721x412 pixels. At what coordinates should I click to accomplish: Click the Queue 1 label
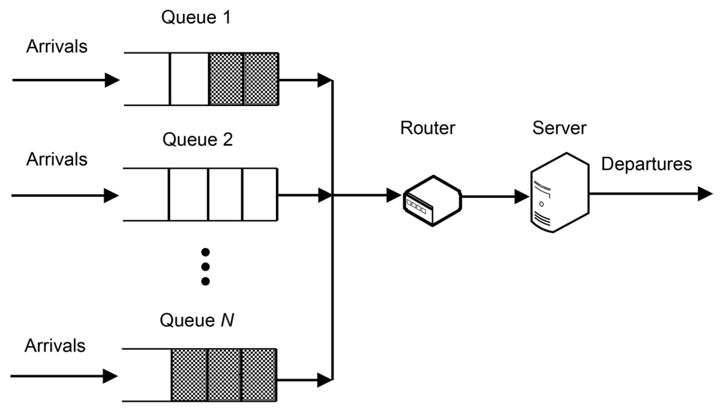click(x=196, y=18)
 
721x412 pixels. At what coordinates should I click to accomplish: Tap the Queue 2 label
click(x=197, y=140)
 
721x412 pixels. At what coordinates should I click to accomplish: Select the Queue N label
click(x=197, y=320)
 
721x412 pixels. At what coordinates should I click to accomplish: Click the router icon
click(x=432, y=200)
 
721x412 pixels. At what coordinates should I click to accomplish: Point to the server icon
click(x=559, y=192)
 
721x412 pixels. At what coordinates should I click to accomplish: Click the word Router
click(x=427, y=128)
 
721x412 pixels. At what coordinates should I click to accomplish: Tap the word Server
click(x=559, y=128)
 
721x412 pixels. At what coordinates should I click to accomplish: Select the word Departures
click(x=646, y=164)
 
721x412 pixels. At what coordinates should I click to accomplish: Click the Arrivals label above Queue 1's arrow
click(x=57, y=47)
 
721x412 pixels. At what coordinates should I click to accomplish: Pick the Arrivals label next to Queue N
click(x=55, y=346)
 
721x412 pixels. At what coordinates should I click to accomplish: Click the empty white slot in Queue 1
click(x=189, y=79)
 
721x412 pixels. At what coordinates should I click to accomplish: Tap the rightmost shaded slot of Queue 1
click(x=261, y=79)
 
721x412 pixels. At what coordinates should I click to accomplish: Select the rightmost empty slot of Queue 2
click(x=260, y=195)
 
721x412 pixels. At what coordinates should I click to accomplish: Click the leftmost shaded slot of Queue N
click(x=189, y=375)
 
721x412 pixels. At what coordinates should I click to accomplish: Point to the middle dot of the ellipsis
click(x=205, y=267)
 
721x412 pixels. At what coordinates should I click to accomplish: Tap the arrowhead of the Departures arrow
click(x=705, y=194)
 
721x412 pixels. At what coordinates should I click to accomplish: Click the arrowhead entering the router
click(x=393, y=195)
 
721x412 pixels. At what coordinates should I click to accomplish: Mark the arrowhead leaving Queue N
click(x=325, y=380)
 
